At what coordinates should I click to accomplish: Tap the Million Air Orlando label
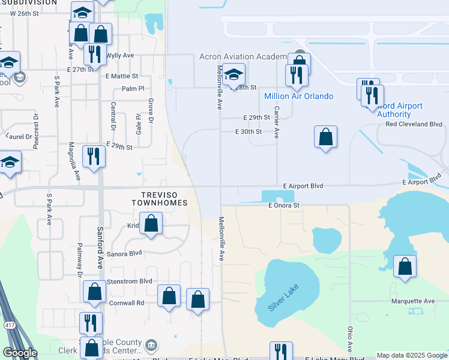pyautogui.click(x=299, y=96)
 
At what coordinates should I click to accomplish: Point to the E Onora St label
pyautogui.click(x=283, y=205)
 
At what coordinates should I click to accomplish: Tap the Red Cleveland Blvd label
pyautogui.click(x=414, y=124)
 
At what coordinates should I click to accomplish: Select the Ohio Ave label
pyautogui.click(x=349, y=340)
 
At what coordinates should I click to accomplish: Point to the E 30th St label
pyautogui.click(x=249, y=131)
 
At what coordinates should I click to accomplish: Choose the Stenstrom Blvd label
pyautogui.click(x=129, y=281)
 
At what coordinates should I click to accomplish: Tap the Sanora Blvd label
pyautogui.click(x=123, y=254)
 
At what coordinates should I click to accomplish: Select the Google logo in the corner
pyautogui.click(x=20, y=353)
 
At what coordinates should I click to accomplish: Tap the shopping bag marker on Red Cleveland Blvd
pyautogui.click(x=325, y=137)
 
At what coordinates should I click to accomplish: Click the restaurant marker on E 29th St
pyautogui.click(x=93, y=156)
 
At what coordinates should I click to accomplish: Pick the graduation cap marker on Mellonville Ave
pyautogui.click(x=234, y=74)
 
